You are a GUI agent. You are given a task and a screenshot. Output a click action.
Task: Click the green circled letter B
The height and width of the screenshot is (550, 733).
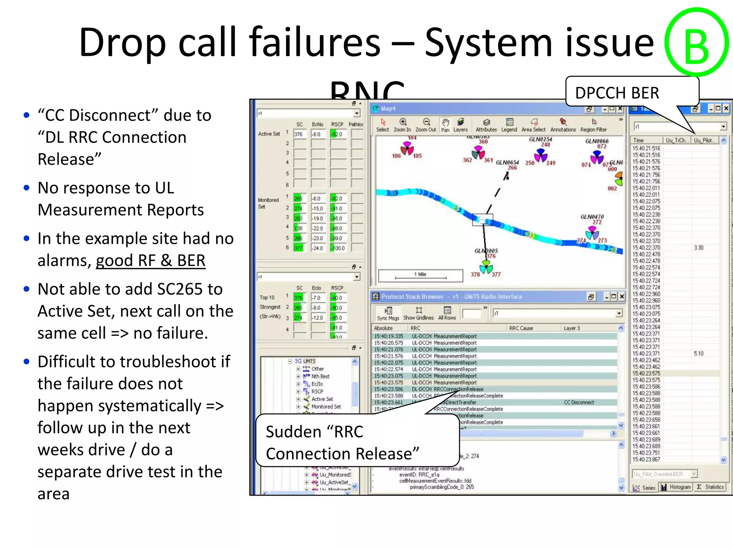coord(696,42)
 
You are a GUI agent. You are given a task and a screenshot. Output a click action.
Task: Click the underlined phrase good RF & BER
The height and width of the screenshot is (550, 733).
coord(150,261)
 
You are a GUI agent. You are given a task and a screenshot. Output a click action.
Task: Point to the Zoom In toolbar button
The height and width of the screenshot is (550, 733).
coord(403,125)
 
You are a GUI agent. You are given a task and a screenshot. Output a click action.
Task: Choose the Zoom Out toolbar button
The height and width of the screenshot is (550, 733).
coord(426,125)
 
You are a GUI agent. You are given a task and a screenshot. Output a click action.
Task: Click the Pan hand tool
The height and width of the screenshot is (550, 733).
coord(445,125)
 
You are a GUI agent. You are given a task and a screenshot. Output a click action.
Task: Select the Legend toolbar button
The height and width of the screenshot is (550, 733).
coord(509,125)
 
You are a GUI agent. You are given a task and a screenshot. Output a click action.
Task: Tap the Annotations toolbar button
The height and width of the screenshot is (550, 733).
coord(563,125)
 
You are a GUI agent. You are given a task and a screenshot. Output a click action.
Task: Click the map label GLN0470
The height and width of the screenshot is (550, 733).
coord(592,217)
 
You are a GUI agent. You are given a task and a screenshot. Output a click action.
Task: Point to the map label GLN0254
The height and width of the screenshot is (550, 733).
coord(540,139)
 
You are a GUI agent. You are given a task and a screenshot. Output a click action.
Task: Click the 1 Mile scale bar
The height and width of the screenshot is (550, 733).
coord(421,275)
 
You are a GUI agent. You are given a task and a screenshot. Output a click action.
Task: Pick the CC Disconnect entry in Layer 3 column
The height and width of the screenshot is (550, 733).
coord(579,402)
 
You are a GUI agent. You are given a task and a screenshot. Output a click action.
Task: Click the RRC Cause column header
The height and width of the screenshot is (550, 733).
coord(521,328)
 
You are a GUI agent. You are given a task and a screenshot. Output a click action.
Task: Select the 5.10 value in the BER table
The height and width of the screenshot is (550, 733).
coord(699,353)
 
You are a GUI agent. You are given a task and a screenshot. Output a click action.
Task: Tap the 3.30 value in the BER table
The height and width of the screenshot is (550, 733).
coord(699,248)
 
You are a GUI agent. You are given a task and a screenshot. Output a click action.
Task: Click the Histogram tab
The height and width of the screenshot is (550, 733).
coord(676,487)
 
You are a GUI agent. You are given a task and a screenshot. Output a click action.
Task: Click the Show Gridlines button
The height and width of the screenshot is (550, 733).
coord(418,313)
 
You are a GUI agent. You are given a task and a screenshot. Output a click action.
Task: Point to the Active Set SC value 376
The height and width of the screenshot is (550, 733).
coord(298,134)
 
